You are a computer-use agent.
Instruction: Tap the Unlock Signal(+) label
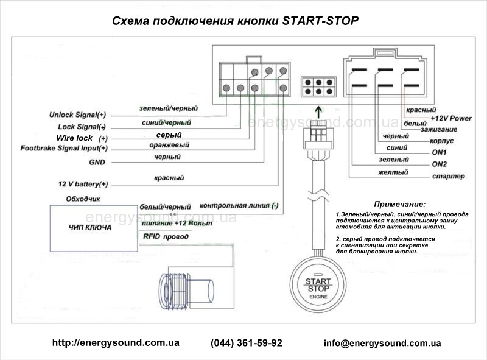click(x=78, y=115)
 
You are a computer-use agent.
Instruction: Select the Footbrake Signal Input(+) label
click(x=64, y=148)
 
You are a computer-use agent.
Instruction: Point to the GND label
click(x=97, y=163)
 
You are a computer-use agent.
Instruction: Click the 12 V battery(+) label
click(x=83, y=184)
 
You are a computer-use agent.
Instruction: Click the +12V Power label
click(x=450, y=118)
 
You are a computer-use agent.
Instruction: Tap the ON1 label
click(x=439, y=152)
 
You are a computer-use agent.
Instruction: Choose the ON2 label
click(x=439, y=164)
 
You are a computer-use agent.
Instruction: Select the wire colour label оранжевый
click(x=169, y=146)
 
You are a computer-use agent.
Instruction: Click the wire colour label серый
click(x=169, y=135)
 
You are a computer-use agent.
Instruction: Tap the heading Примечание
click(x=399, y=204)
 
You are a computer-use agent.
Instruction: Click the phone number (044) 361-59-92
click(x=247, y=343)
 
